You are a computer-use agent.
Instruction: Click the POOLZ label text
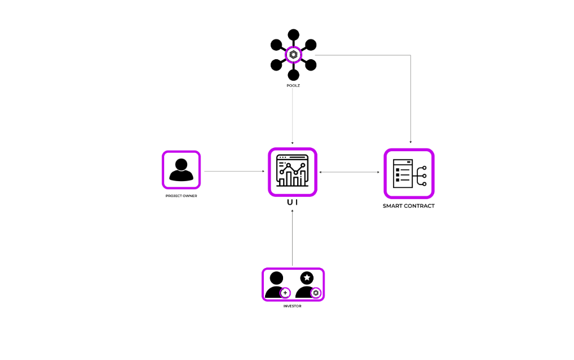[x=293, y=86]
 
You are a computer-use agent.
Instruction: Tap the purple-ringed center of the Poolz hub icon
[x=293, y=55]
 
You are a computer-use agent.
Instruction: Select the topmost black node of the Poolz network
[x=293, y=35]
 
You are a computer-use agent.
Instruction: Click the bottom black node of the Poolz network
[x=293, y=74]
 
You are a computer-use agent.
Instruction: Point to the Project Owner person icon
[x=181, y=169]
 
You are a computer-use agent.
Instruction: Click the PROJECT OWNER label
[x=181, y=196]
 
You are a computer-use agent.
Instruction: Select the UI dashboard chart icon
[x=292, y=172]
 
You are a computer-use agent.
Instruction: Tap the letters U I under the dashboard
[x=292, y=202]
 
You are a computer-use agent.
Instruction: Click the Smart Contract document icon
[x=409, y=173]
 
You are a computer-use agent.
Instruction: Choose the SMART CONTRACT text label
[x=409, y=206]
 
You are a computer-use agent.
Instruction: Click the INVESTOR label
[x=292, y=306]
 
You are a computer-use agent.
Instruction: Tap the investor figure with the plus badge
[x=277, y=285]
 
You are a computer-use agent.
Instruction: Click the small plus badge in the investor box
[x=285, y=292]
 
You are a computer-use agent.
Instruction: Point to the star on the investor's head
[x=307, y=278]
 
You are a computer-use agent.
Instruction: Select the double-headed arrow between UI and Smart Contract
[x=350, y=172]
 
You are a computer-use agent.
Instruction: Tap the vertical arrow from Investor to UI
[x=292, y=237]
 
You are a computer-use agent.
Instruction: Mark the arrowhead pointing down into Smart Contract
[x=410, y=142]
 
